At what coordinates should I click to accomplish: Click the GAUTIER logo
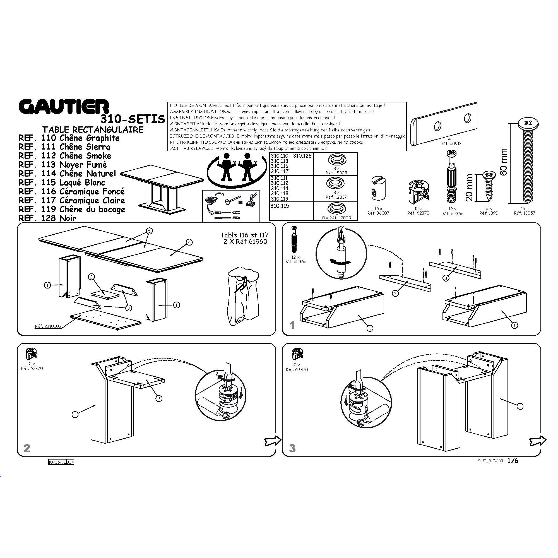pyautogui.click(x=64, y=107)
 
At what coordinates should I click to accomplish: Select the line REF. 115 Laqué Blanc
pyautogui.click(x=62, y=182)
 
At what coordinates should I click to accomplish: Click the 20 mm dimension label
pyautogui.click(x=469, y=188)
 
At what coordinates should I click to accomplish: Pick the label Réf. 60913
pyautogui.click(x=451, y=143)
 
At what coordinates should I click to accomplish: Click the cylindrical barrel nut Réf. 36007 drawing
pyautogui.click(x=378, y=188)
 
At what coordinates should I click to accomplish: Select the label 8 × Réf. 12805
pyautogui.click(x=336, y=218)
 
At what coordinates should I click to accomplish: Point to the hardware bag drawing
pyautogui.click(x=242, y=297)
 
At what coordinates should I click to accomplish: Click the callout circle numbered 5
pyautogui.click(x=149, y=231)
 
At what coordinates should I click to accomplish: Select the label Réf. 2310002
pyautogui.click(x=48, y=326)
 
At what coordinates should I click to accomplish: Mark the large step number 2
pyautogui.click(x=27, y=448)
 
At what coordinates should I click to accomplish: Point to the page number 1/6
pyautogui.click(x=513, y=461)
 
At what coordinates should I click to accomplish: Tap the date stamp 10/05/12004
pyautogui.click(x=61, y=462)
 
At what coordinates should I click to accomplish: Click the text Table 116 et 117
pyautogui.click(x=245, y=235)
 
